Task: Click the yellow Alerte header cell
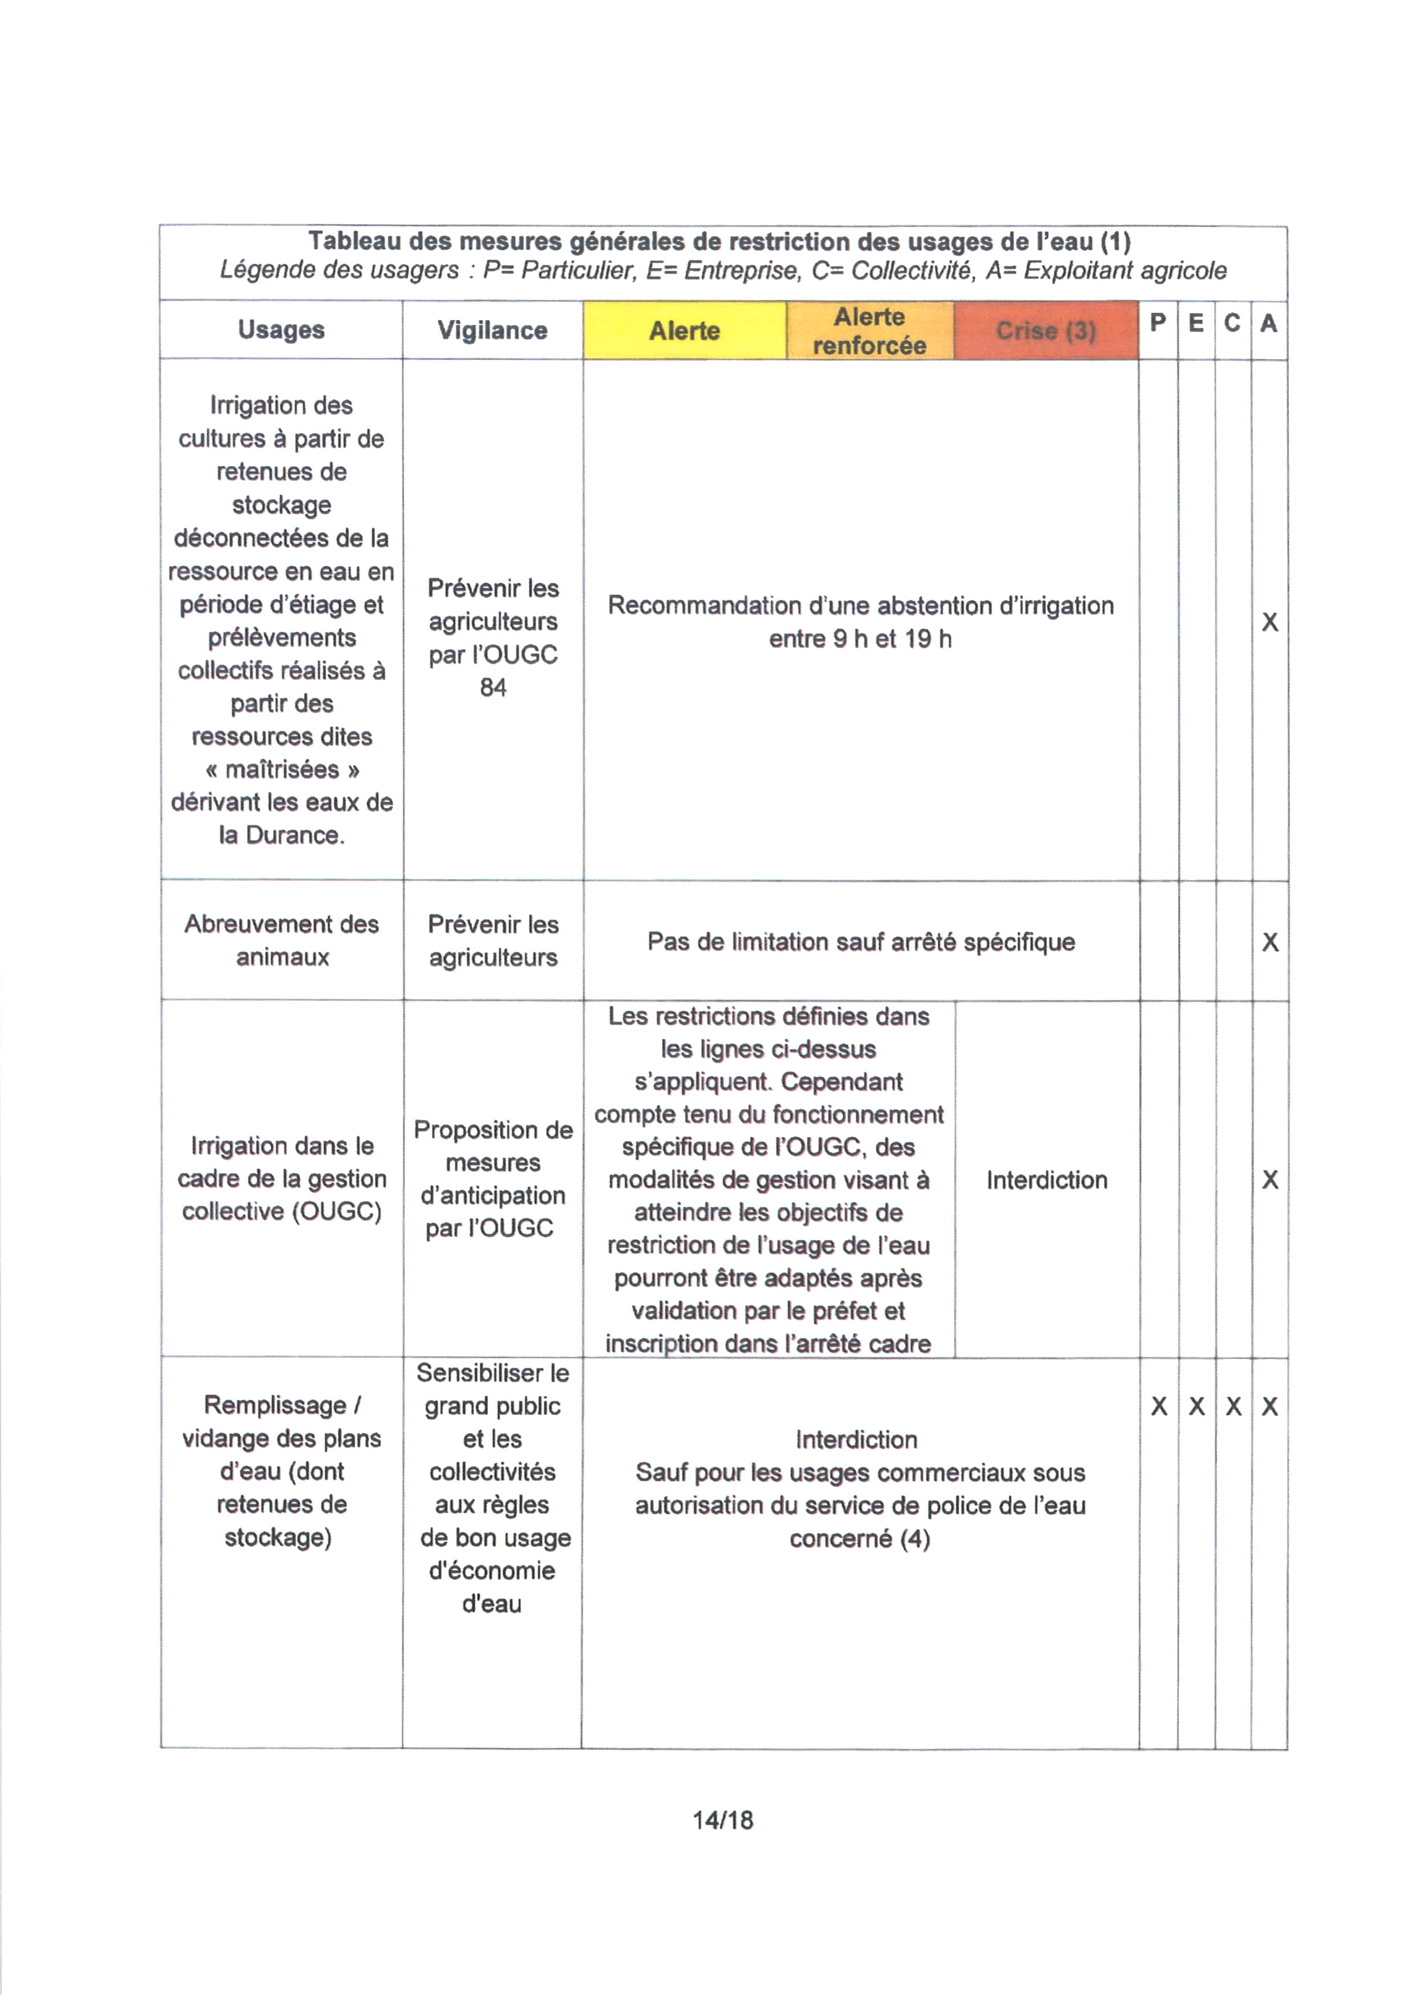684,330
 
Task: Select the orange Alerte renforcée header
869,330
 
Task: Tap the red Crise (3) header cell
1046,330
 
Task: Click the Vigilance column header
492,330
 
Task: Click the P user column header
1158,324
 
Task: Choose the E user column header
1196,324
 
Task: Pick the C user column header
1232,324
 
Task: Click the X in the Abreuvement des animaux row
1270,942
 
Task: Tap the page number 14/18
722,1820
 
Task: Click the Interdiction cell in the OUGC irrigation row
1046,1180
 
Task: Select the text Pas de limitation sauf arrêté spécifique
861,942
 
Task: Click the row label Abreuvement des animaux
281,940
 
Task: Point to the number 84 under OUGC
492,688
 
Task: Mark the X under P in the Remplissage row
1159,1406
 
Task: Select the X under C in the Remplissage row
1233,1406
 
